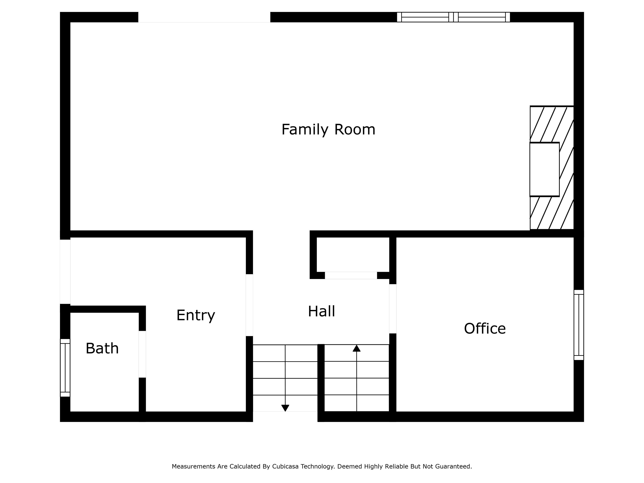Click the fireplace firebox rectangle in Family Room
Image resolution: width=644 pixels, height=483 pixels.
pos(544,169)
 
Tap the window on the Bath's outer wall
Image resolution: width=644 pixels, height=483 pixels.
pos(65,368)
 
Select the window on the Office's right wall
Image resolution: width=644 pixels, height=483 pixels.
pos(579,325)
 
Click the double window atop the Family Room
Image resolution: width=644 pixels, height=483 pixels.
pos(453,17)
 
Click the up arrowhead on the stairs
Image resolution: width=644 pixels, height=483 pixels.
pos(357,348)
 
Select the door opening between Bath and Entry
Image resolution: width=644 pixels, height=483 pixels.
pos(142,354)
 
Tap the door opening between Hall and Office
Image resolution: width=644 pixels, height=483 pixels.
pos(393,309)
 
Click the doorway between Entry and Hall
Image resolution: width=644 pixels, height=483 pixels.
pos(249,305)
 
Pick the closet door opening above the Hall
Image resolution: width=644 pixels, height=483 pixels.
pos(351,275)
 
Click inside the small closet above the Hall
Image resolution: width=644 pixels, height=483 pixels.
pos(353,254)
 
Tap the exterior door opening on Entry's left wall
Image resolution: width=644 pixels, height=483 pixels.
pos(65,272)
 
